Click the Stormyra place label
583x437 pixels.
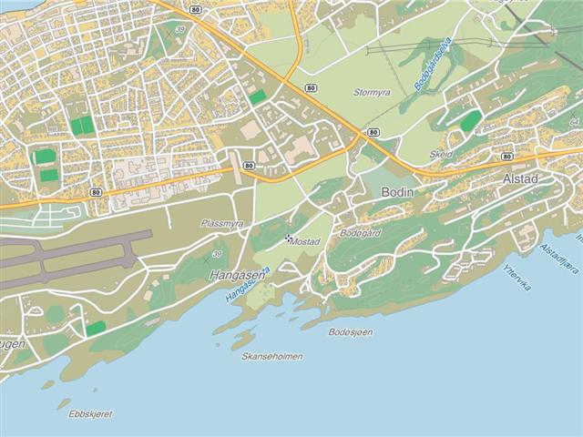[372, 92]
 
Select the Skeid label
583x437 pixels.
[441, 155]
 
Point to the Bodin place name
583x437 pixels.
[398, 193]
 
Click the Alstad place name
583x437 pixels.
[521, 179]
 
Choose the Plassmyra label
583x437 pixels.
[222, 223]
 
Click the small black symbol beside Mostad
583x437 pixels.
[289, 239]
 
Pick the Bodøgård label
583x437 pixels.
[359, 233]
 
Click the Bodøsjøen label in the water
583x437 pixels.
[351, 332]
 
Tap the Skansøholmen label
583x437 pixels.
[272, 356]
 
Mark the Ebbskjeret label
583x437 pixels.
[91, 413]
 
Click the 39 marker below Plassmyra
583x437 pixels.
[217, 254]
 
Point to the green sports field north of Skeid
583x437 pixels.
[470, 121]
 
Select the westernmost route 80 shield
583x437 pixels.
[96, 193]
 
